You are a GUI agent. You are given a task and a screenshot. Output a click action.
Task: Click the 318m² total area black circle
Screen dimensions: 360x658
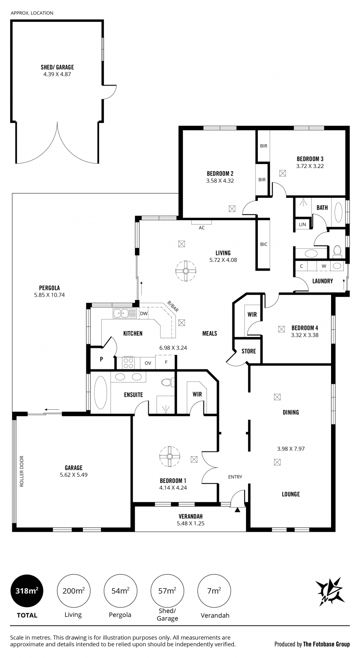(27, 591)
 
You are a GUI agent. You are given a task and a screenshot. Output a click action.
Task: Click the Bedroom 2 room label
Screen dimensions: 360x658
(220, 174)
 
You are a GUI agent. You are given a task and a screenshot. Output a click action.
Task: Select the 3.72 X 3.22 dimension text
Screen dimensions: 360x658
(310, 166)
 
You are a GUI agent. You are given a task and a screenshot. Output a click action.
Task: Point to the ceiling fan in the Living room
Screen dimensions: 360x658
(185, 271)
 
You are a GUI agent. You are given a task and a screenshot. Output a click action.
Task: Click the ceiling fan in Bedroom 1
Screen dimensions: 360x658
(169, 456)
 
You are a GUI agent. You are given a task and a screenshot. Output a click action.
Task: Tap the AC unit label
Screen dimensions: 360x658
(202, 228)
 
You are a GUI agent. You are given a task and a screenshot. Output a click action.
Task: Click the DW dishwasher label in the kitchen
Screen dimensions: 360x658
(143, 314)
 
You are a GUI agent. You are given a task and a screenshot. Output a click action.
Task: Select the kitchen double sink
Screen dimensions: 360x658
(125, 313)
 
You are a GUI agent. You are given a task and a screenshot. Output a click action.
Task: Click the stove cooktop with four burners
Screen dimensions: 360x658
(128, 362)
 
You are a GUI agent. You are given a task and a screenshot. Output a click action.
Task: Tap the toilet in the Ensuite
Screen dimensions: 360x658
(168, 382)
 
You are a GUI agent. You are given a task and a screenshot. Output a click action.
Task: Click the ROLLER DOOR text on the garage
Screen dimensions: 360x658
(22, 472)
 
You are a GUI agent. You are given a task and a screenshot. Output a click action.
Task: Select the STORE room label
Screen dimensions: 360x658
(249, 351)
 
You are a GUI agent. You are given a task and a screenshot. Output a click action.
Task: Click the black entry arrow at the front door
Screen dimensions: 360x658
(238, 510)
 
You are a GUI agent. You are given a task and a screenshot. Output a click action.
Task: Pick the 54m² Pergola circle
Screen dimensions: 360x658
(121, 591)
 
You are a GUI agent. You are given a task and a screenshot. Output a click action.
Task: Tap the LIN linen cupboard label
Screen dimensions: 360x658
(303, 225)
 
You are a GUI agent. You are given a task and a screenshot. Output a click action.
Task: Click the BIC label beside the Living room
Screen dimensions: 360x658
(264, 244)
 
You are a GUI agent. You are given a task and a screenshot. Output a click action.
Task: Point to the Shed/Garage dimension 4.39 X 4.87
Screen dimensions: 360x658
(57, 74)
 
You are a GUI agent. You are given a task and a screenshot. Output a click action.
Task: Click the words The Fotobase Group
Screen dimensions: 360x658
(326, 644)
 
